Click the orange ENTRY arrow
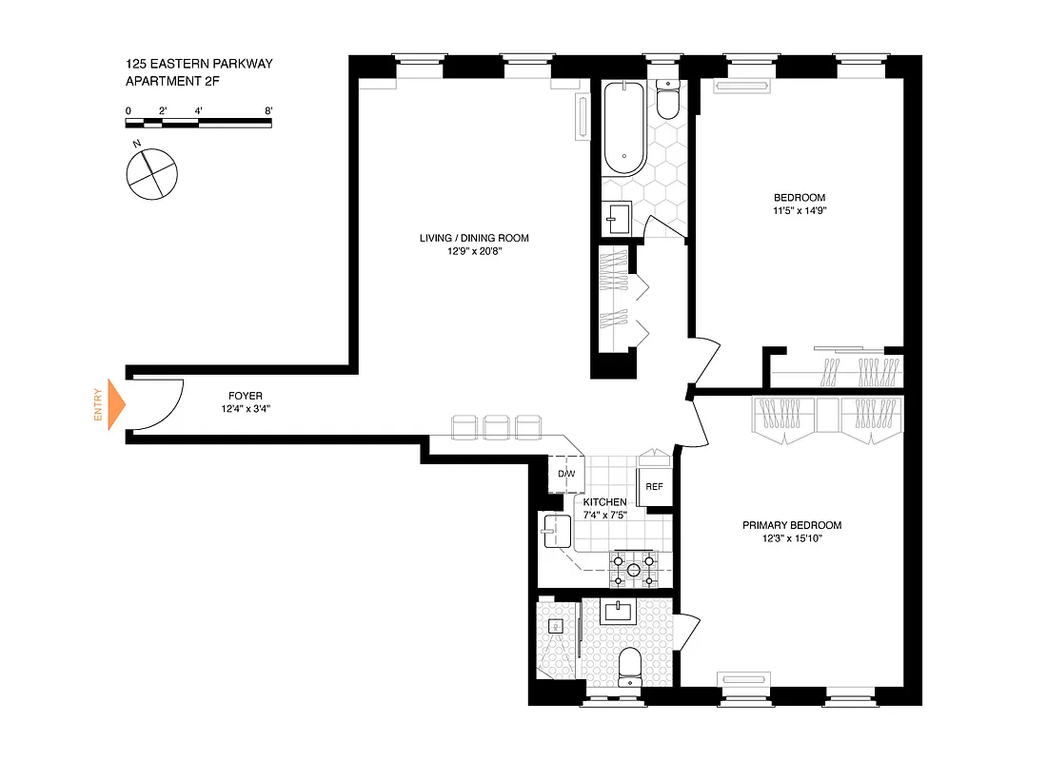(115, 403)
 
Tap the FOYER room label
(246, 396)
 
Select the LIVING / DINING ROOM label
(474, 238)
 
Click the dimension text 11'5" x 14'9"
(799, 212)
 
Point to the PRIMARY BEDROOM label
(792, 525)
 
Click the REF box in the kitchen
(654, 486)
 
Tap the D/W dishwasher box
(565, 474)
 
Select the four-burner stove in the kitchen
(632, 567)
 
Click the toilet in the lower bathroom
(630, 665)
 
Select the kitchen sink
(554, 530)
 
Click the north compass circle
(151, 174)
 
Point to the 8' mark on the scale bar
(270, 111)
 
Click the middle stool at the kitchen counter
(497, 427)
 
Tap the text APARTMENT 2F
(172, 82)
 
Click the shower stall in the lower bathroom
(556, 636)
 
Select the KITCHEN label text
(604, 502)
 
